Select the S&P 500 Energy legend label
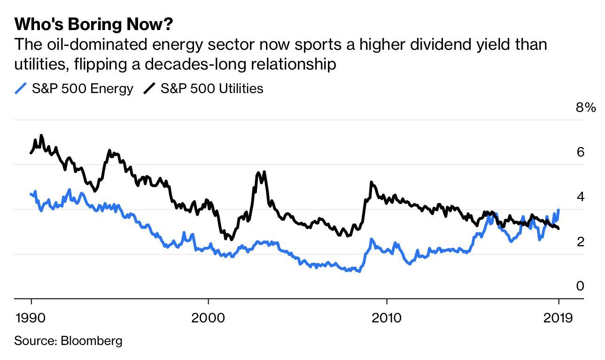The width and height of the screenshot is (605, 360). pos(82,88)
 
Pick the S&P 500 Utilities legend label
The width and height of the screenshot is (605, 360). pos(212,88)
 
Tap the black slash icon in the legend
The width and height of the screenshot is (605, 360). pos(149,88)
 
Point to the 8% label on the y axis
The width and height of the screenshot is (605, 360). pos(585,108)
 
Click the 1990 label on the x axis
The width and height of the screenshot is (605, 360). pos(31,317)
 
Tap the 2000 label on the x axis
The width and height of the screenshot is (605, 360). pos(208,317)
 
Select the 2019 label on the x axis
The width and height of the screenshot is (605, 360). pos(558,317)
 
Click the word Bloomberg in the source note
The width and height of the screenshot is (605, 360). pos(92,340)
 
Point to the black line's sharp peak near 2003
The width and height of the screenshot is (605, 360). pos(264,172)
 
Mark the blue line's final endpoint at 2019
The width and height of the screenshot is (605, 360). pos(558,210)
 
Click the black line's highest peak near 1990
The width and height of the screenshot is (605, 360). pos(41,135)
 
